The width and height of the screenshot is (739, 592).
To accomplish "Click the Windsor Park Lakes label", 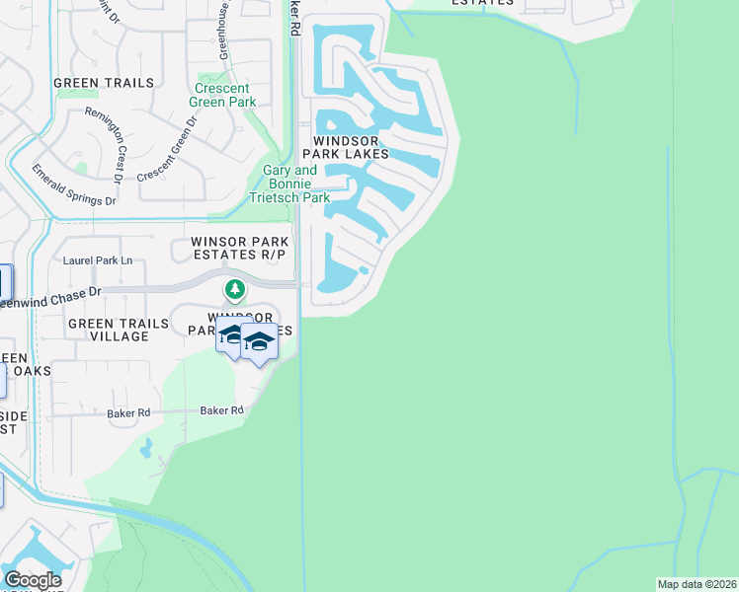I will (352, 147).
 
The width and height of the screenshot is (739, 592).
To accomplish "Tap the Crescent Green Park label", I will (226, 95).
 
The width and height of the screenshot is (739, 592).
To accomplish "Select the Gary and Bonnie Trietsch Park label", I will (295, 184).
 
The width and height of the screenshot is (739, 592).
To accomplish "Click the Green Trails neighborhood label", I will (104, 83).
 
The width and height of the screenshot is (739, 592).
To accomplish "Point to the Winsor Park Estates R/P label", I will (238, 248).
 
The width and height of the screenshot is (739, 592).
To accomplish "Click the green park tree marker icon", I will (234, 289).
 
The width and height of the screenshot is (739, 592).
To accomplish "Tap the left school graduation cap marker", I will (231, 337).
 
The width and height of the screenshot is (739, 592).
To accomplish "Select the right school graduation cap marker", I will (259, 342).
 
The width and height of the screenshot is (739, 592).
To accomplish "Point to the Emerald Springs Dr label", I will (74, 185).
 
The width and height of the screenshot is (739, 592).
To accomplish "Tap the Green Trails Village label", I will (109, 330).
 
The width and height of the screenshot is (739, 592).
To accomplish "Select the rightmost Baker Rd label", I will (221, 410).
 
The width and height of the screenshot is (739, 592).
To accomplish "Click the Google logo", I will (33, 579).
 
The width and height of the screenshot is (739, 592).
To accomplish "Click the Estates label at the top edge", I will (481, 3).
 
